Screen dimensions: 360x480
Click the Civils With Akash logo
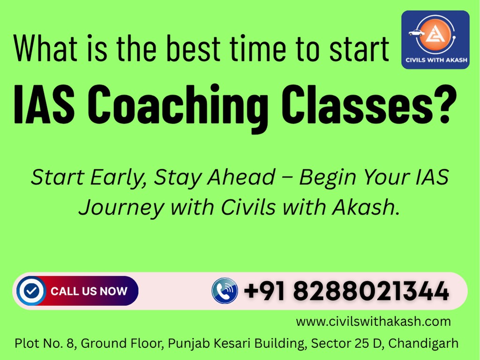point(435,39)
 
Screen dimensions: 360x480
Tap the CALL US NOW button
point(89,291)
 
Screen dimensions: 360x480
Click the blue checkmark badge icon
point(31,291)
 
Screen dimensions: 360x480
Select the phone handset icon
point(225,291)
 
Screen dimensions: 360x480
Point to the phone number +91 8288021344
point(346,292)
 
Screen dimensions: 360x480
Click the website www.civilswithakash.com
point(373,322)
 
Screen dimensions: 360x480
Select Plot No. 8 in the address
point(45,344)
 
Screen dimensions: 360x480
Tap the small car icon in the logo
point(416,33)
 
